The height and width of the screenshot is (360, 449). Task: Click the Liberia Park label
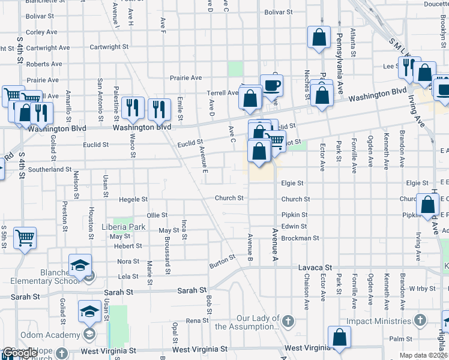(x=127, y=227)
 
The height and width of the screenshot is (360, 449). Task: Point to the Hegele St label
(x=133, y=199)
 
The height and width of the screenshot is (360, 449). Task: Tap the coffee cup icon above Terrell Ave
(x=271, y=86)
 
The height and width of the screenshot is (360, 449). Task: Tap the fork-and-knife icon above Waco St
(x=133, y=108)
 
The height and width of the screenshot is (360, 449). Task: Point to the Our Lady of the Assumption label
(x=251, y=322)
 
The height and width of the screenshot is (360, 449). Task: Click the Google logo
(x=19, y=352)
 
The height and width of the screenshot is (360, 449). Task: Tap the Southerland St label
(x=50, y=170)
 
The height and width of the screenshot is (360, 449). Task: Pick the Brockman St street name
(x=300, y=238)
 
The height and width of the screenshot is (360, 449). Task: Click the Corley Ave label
(x=41, y=32)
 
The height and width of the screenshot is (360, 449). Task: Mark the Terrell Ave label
(x=223, y=93)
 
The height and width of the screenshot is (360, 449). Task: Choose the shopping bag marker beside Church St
(x=427, y=206)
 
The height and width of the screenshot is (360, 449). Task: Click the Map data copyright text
(x=423, y=355)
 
